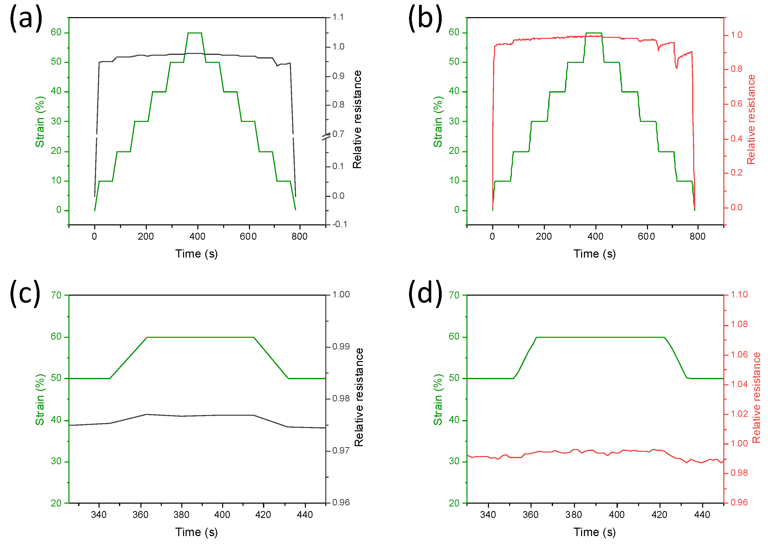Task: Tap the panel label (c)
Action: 25,293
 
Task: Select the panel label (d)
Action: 425,293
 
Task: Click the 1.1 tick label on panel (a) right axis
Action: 338,17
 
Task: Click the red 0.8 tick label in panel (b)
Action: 736,69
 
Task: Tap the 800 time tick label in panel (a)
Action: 299,237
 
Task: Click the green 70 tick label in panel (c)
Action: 56,295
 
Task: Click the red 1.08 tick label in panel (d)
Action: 739,324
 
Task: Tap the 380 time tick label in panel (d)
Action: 573,515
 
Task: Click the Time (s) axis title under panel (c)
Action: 196,532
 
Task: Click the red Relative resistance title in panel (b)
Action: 751,119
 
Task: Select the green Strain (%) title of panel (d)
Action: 438,399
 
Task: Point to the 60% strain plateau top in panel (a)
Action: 195,33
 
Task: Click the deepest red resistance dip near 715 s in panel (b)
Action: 677,68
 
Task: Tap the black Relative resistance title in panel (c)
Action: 359,397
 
